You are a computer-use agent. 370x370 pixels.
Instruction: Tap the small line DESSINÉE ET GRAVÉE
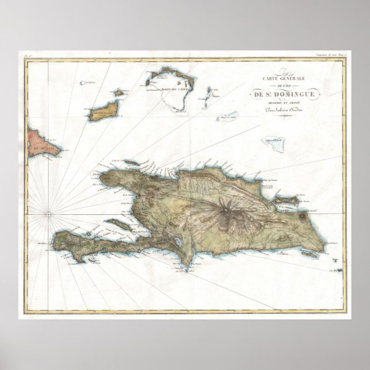[x=285, y=103]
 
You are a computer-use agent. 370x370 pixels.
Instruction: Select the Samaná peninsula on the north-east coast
[x=285, y=199]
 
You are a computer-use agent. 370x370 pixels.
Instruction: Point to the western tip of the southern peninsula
[x=56, y=235]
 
